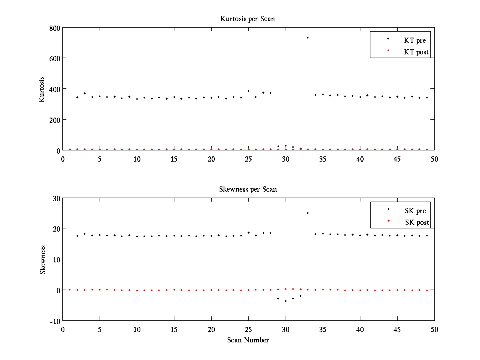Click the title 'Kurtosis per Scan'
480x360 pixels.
tap(248, 19)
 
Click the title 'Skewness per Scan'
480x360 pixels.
tap(248, 189)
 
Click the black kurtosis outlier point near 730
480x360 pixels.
tap(308, 38)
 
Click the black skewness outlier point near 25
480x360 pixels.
tap(308, 213)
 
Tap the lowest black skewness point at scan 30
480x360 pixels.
tap(286, 301)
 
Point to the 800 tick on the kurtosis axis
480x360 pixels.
tap(54, 28)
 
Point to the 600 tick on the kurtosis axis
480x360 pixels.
tap(54, 58)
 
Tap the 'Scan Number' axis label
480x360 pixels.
tap(248, 340)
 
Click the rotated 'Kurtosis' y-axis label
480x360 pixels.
tap(42, 89)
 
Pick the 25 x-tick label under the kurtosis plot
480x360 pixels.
tap(248, 159)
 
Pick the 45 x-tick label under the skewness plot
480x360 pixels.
tap(397, 329)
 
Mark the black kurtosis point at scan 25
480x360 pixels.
tap(248, 91)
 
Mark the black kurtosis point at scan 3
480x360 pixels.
tap(84, 93)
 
